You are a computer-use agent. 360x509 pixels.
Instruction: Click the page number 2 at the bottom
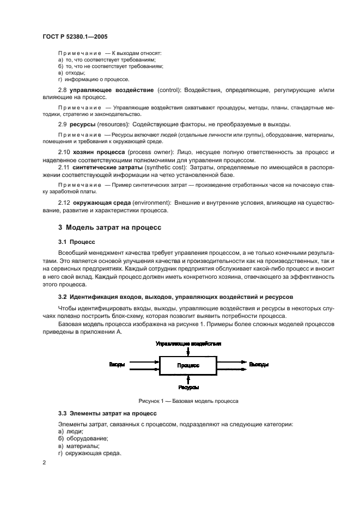(45, 463)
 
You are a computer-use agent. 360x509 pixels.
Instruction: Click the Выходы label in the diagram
(258, 364)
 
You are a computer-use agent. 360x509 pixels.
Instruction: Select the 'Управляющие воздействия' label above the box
(188, 344)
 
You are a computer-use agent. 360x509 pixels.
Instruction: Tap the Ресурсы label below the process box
(188, 388)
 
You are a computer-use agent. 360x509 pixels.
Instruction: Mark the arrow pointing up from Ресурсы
(188, 379)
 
